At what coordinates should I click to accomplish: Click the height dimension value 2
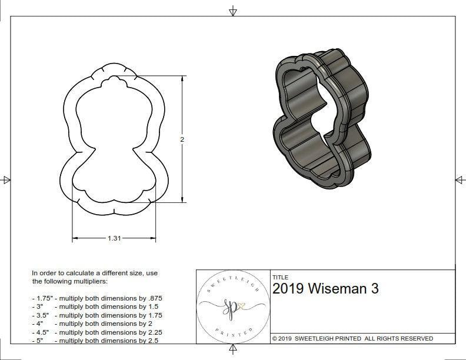[x=182, y=139]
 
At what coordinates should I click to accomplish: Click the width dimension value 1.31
[x=115, y=238]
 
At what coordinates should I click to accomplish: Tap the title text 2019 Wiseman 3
[x=325, y=289]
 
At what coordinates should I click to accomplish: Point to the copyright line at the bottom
[x=352, y=339]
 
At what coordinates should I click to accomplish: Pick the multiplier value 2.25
[x=150, y=332]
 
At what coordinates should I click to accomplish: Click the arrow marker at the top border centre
[x=233, y=11]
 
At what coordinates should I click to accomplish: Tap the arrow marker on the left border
[x=6, y=180]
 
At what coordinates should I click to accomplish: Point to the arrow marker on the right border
[x=460, y=180]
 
